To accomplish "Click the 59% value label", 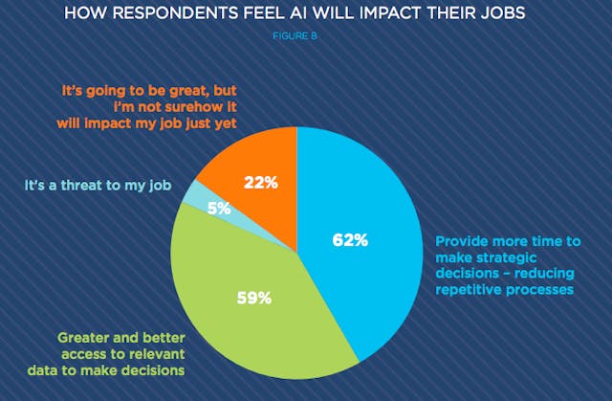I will coord(255,297).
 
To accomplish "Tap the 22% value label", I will coord(260,182).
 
